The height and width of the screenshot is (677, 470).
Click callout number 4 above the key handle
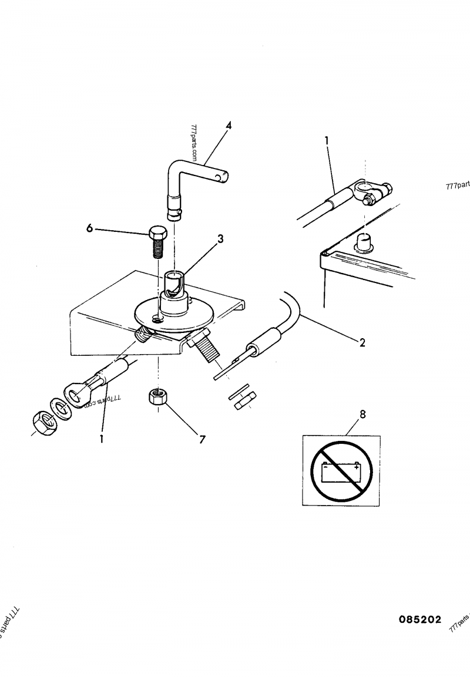[x=229, y=126]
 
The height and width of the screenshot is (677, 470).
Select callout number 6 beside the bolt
[x=90, y=228]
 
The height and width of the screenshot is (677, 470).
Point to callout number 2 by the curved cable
[x=362, y=342]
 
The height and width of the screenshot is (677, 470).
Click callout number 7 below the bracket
[x=202, y=438]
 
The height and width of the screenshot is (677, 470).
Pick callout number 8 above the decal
[x=362, y=415]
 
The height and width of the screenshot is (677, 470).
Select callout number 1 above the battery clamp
[x=327, y=140]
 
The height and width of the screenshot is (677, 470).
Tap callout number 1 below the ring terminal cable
[x=102, y=438]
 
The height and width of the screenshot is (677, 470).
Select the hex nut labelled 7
[x=157, y=398]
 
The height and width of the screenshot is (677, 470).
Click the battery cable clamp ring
[x=365, y=190]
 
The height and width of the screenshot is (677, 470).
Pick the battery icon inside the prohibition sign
[x=342, y=470]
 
